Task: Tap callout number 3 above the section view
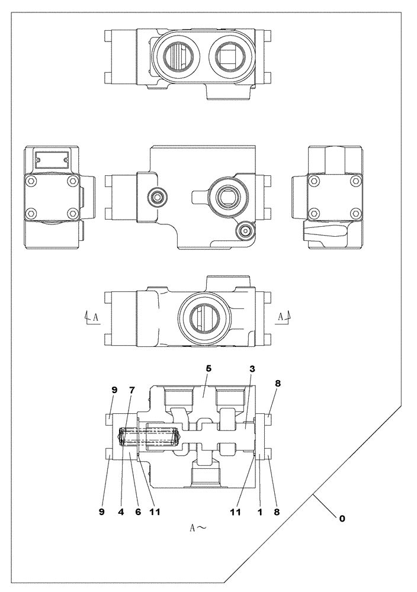click(252, 369)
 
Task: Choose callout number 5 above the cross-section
click(208, 368)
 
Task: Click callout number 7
click(132, 390)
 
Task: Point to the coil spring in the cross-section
click(149, 437)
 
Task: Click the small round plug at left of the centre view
click(157, 196)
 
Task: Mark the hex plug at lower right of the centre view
click(245, 230)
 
